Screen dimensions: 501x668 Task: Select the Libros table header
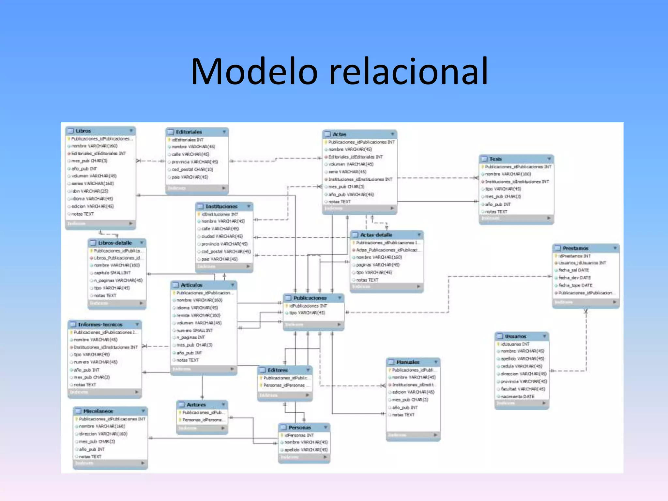click(83, 131)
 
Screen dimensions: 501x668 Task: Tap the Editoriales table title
click(189, 132)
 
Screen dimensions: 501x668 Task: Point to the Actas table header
click(339, 134)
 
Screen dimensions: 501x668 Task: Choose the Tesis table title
click(495, 159)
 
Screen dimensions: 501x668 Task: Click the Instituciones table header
click(221, 206)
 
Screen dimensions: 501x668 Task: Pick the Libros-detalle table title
click(115, 243)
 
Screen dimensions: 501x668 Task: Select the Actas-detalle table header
click(376, 235)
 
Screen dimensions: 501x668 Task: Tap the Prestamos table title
click(575, 248)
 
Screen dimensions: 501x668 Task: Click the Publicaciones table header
click(310, 298)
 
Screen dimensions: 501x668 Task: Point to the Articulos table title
click(191, 285)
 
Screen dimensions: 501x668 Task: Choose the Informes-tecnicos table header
click(100, 325)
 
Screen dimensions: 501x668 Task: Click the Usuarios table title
click(515, 336)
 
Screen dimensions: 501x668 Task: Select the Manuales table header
click(408, 362)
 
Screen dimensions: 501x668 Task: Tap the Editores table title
click(278, 370)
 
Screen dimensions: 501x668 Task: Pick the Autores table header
click(196, 405)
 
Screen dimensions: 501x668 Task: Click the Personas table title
click(299, 428)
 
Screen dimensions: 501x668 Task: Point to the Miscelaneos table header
click(98, 411)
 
